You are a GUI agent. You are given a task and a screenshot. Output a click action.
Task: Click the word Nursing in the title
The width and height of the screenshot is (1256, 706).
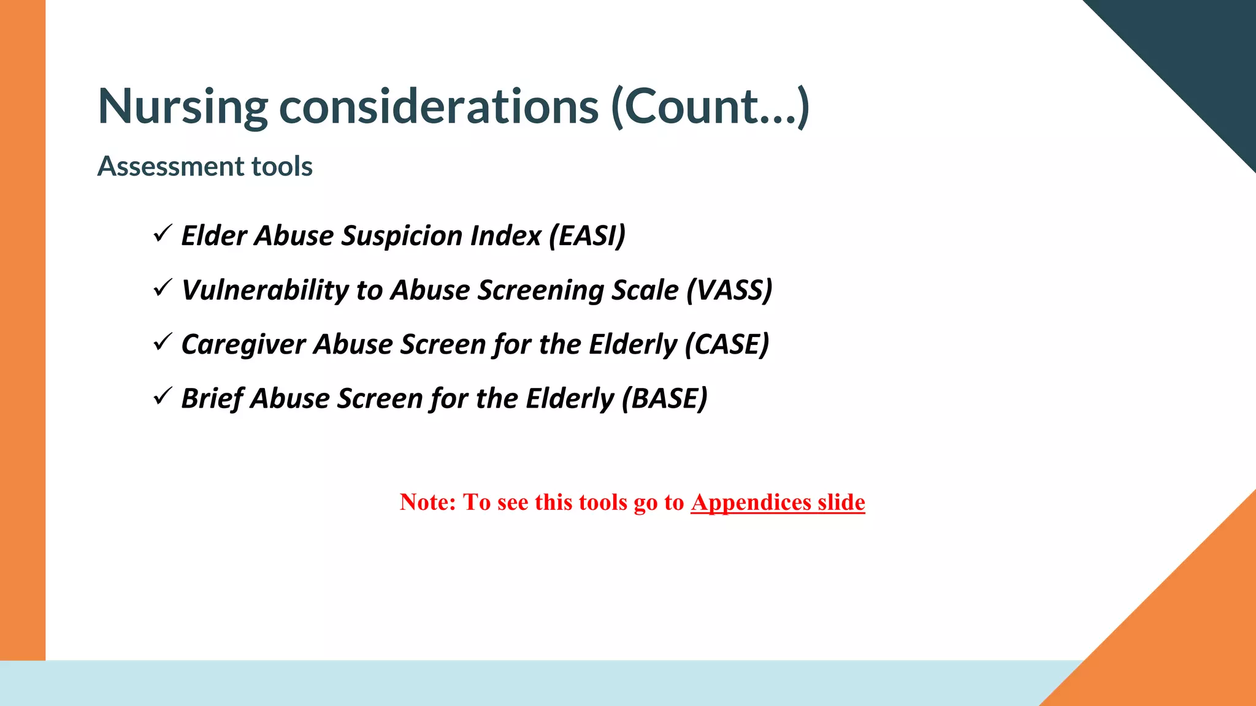point(182,107)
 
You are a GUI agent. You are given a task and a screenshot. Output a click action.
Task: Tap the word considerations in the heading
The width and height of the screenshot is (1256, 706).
point(438,107)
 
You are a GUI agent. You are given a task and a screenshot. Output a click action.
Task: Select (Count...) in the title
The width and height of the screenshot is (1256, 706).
point(710,107)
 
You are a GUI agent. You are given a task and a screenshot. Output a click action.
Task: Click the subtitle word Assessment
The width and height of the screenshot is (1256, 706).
point(162,166)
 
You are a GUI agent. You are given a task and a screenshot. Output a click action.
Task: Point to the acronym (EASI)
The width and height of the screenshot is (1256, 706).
point(587,236)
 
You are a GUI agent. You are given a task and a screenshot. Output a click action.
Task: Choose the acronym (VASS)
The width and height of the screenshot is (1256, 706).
point(729,290)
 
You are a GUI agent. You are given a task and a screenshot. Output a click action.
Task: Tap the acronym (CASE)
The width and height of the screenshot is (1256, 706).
point(727,344)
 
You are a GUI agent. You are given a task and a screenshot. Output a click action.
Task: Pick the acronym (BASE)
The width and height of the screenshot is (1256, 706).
point(665,398)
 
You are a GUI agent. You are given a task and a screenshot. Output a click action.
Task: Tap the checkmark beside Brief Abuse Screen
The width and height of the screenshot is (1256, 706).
point(162,397)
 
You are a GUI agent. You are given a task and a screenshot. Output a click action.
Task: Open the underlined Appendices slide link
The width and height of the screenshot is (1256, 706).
point(778,503)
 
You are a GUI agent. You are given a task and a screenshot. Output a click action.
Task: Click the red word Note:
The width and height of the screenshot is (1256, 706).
point(427,503)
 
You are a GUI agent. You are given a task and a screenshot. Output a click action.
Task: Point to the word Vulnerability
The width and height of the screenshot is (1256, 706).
point(265,290)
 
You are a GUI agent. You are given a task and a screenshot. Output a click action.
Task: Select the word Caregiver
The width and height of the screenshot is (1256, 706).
point(243,344)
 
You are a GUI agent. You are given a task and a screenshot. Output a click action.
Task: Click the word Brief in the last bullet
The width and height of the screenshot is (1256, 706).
point(212,398)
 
